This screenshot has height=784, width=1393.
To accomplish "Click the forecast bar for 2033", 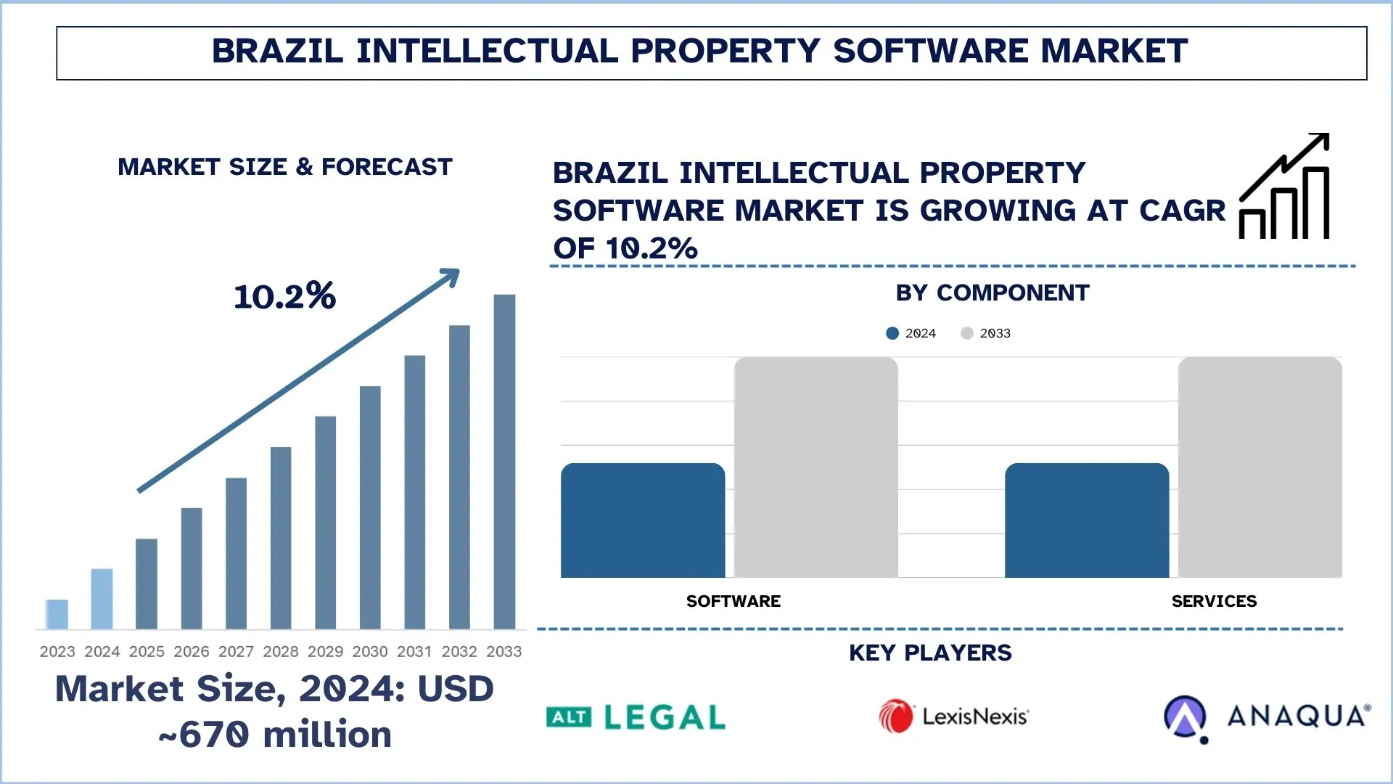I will coord(504,462).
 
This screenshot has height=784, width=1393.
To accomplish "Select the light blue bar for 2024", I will coord(102,599).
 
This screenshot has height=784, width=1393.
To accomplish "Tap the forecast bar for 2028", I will coord(281,538).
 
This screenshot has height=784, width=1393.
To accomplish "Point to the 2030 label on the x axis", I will coord(370,651).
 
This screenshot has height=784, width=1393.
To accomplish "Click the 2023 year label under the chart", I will coord(57,651).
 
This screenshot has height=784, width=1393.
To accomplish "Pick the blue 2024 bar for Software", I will coord(643,520).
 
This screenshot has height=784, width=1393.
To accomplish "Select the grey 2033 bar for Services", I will coord(1260,467).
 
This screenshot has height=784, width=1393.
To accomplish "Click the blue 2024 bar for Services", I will coord(1087,520).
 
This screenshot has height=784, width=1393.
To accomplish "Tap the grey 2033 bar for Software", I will coord(815,467).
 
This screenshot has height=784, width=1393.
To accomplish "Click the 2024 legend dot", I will coord(892,333).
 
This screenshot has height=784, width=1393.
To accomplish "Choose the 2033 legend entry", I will coord(986,333).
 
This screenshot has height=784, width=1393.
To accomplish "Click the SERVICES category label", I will coord(1214,601).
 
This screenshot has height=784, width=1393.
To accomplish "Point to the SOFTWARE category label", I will coord(733,601).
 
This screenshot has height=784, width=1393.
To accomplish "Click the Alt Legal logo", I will coord(636,717).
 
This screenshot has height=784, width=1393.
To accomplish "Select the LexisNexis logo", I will coord(953,716).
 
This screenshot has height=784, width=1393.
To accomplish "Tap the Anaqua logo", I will coord(1267,717).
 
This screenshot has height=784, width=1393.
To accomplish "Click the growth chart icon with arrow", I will coord(1284,187).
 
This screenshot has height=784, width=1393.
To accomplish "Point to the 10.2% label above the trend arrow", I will coord(284,296).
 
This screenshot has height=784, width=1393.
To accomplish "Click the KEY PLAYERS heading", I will coord(930,653).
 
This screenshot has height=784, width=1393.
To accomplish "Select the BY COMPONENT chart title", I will coord(992,293).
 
